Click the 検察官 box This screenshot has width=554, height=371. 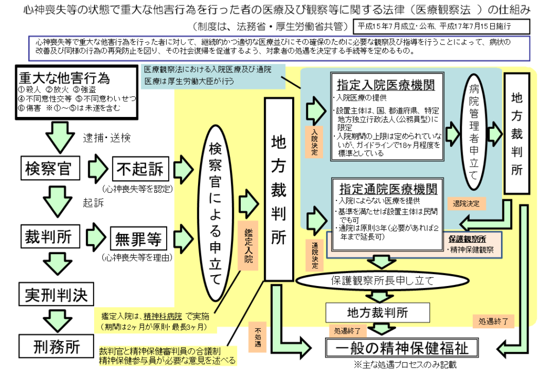(x=48, y=168)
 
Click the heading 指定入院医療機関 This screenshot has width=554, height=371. (x=386, y=85)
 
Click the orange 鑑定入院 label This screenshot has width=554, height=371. (x=248, y=248)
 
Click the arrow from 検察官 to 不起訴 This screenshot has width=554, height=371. (x=98, y=168)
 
